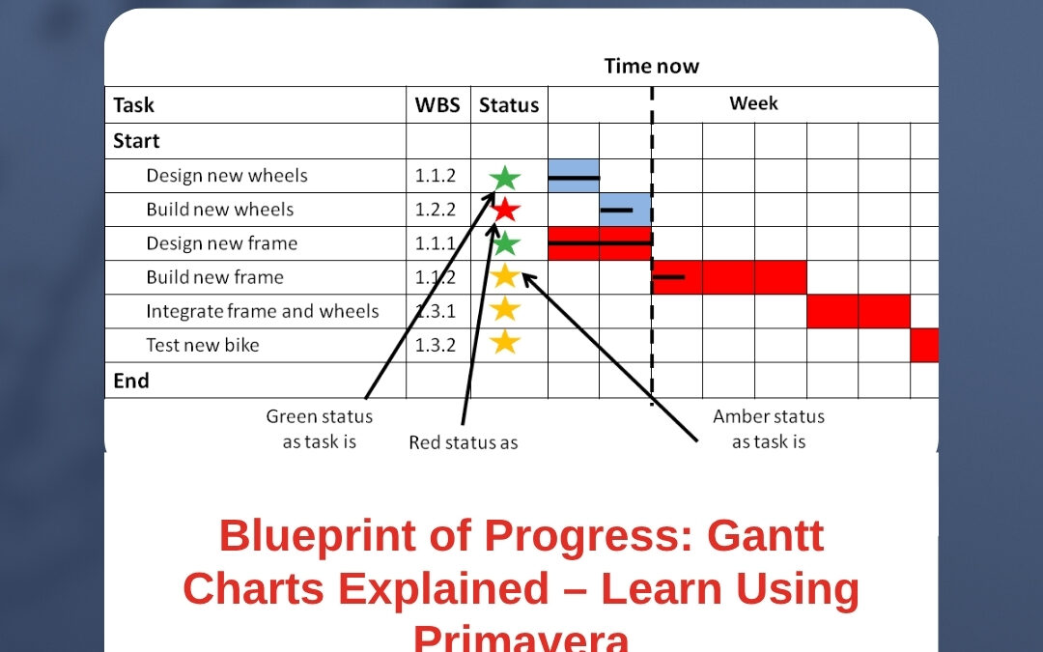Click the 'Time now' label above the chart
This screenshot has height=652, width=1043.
click(x=651, y=67)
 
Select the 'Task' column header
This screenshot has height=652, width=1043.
click(x=133, y=105)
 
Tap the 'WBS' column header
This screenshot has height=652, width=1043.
click(x=437, y=105)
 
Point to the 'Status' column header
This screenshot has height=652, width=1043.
click(x=509, y=105)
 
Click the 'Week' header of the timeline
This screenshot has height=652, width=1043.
click(x=753, y=103)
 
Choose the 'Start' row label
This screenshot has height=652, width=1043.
click(x=136, y=141)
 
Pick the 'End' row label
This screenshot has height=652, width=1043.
click(x=130, y=381)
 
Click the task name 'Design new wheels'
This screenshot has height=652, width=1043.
click(x=227, y=176)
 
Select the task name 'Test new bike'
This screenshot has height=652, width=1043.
click(x=203, y=345)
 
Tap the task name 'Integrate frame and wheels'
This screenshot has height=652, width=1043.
click(x=263, y=311)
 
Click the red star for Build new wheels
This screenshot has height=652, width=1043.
click(x=505, y=209)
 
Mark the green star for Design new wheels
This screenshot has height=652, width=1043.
click(x=504, y=178)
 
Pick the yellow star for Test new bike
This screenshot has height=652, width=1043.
click(x=505, y=342)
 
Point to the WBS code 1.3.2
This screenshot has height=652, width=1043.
click(x=436, y=345)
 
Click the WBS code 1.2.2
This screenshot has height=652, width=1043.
click(x=436, y=210)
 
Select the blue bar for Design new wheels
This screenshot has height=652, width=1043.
click(x=574, y=176)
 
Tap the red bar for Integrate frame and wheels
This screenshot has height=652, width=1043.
click(x=859, y=311)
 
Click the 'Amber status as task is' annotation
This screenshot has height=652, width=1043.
click(x=769, y=429)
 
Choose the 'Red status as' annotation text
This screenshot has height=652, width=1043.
click(x=463, y=442)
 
